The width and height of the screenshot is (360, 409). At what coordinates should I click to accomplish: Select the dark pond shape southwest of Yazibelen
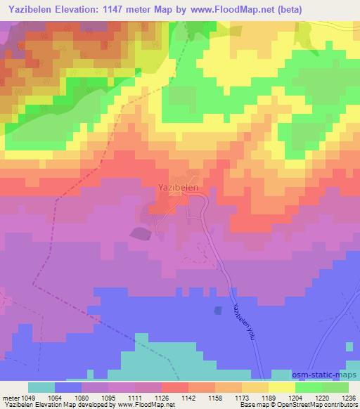click(139, 233)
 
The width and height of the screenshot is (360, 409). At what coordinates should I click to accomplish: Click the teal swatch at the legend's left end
click(41, 387)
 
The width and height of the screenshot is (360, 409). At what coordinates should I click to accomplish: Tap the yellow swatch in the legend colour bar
click(281, 387)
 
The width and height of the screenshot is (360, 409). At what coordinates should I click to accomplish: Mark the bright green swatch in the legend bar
click(308, 387)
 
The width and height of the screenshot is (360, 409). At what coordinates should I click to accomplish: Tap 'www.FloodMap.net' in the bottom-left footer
click(148, 405)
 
